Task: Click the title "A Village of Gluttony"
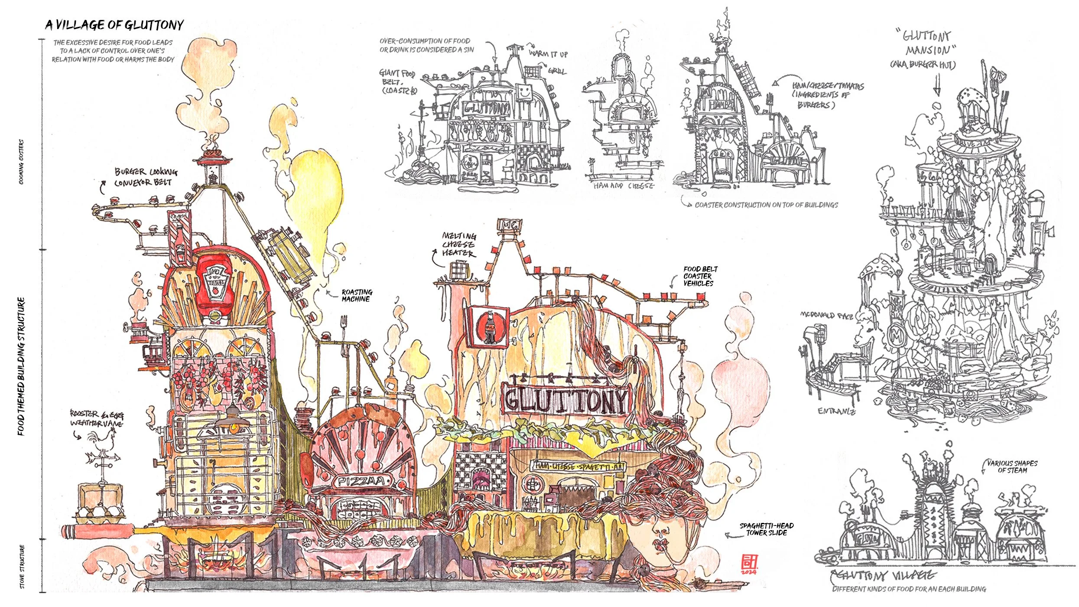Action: coord(114,25)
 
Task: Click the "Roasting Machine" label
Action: coord(357,295)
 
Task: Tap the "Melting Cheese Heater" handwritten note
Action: coord(459,244)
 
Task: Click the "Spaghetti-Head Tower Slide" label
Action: coord(766,529)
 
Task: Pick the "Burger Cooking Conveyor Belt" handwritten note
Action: coord(145,177)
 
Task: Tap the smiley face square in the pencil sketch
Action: coord(524,92)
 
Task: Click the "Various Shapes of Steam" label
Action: coord(1012,467)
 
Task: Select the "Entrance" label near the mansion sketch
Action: coord(836,411)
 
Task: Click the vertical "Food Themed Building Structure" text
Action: coord(21,366)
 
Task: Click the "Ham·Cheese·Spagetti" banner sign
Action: coord(578,466)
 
